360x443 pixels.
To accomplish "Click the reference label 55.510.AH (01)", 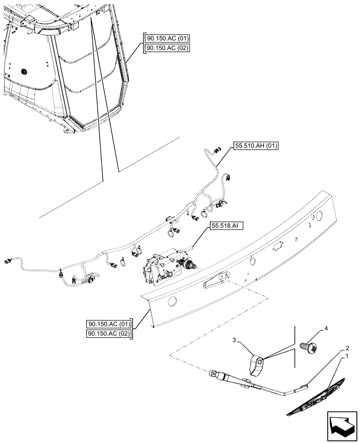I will tap(255, 146).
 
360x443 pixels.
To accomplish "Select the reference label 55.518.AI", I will tap(226, 226).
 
